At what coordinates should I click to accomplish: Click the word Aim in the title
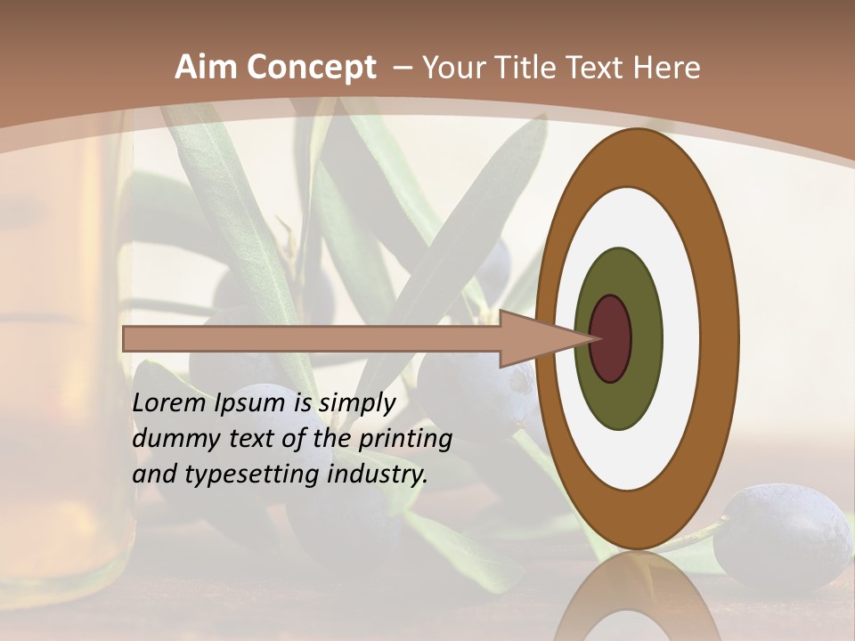click(205, 68)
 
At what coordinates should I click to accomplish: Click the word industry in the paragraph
click(377, 475)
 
